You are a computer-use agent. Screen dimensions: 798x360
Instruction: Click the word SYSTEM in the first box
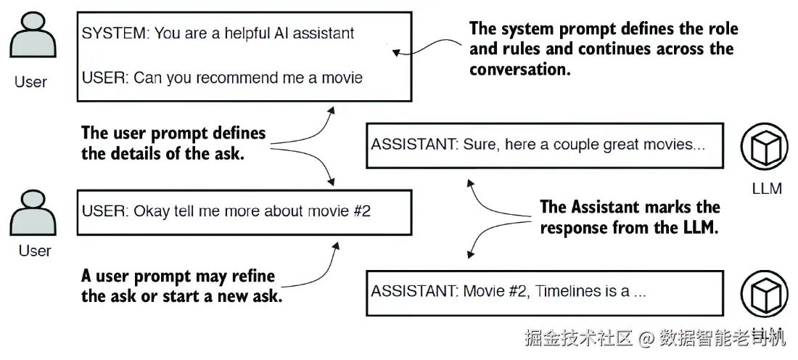pos(113,33)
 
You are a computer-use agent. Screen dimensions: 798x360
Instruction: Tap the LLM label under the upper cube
pos(767,189)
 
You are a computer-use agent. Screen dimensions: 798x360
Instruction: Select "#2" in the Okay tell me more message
pos(361,211)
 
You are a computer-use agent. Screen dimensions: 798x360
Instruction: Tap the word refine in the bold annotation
pos(253,277)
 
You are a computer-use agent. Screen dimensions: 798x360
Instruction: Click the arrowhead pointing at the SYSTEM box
pos(396,52)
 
